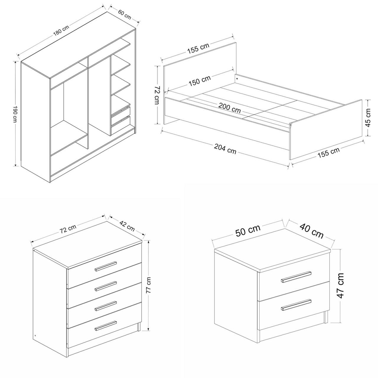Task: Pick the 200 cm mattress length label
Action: pos(229,108)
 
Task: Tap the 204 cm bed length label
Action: pos(225,149)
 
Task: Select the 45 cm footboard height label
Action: pos(368,118)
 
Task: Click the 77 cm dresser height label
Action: pos(149,285)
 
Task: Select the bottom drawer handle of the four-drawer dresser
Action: pos(106,326)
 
